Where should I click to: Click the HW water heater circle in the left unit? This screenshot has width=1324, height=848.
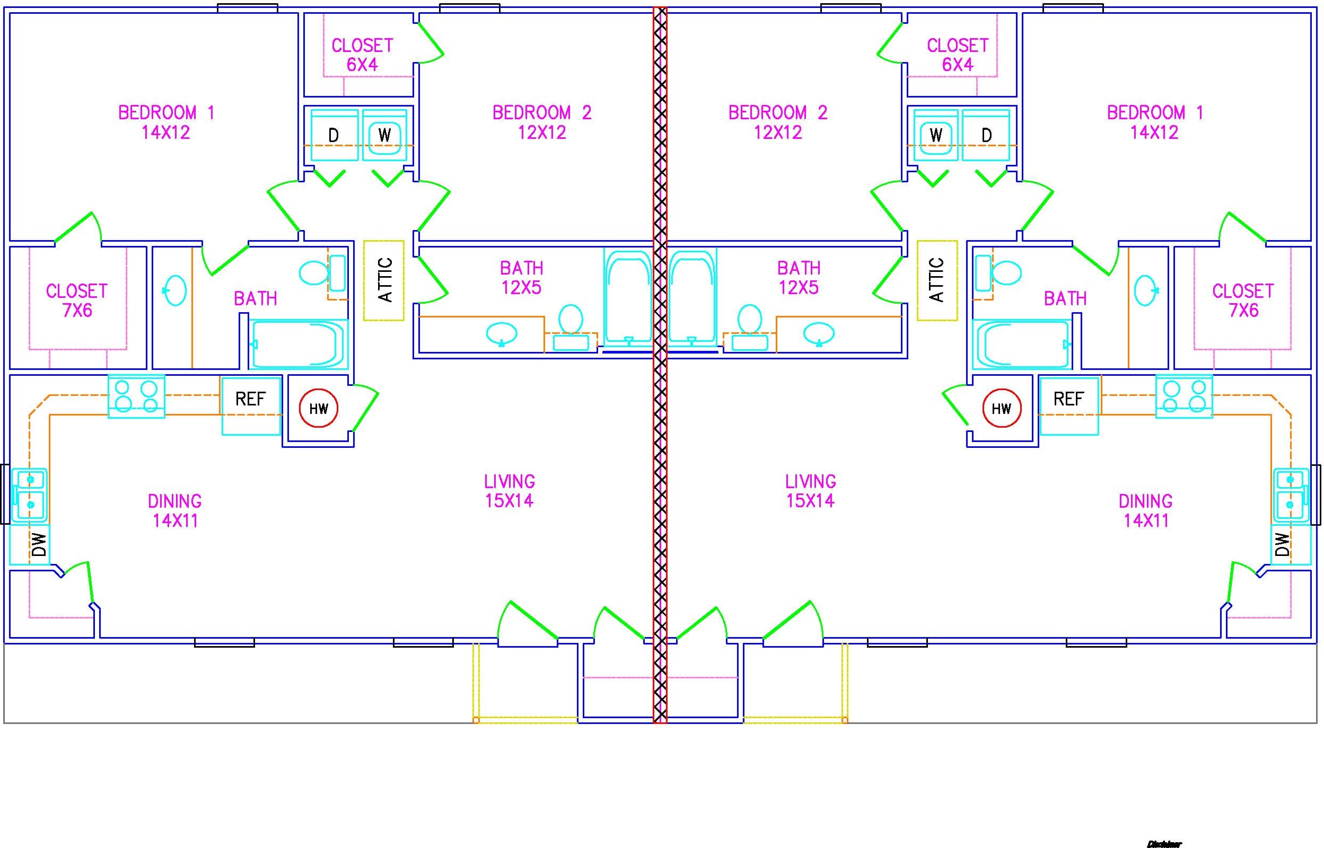click(x=318, y=409)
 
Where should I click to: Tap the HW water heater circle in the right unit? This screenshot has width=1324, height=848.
click(x=1001, y=409)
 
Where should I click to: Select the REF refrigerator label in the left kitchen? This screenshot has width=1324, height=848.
click(x=250, y=399)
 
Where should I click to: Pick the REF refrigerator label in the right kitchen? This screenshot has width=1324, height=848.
click(x=1068, y=399)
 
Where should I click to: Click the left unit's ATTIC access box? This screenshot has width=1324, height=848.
click(x=384, y=280)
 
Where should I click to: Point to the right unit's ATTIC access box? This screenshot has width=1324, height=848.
click(x=937, y=280)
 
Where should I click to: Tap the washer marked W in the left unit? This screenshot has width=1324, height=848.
click(x=384, y=135)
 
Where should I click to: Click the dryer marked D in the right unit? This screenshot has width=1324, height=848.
click(x=986, y=135)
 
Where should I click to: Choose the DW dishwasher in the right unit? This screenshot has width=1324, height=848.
click(x=1291, y=544)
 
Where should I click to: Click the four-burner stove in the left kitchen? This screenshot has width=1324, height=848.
click(x=136, y=396)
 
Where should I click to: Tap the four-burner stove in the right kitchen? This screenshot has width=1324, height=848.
click(x=1184, y=396)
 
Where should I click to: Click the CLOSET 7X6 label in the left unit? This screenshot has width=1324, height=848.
click(x=76, y=301)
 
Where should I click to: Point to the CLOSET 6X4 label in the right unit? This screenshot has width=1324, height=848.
click(x=957, y=55)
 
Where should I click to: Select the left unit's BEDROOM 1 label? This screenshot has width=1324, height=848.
click(x=166, y=122)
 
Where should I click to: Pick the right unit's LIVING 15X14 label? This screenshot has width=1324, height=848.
click(x=810, y=491)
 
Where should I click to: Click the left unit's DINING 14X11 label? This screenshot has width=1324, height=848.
click(x=174, y=510)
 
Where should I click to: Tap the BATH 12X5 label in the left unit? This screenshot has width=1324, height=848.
click(x=521, y=278)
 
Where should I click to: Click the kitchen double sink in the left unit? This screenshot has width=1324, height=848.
click(x=29, y=494)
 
